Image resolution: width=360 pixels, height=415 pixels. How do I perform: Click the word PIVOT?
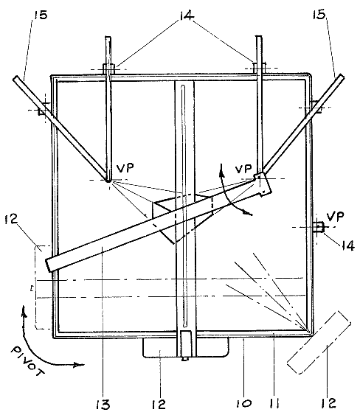coord(27,361)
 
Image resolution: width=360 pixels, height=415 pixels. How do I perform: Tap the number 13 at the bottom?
coord(103,405)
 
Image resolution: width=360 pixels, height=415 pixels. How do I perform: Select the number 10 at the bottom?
coord(243,404)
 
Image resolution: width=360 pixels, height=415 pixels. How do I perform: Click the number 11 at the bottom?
coord(274,404)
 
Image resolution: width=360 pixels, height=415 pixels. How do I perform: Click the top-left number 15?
coord(40,15)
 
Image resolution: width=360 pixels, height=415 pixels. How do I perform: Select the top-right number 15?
coord(319,14)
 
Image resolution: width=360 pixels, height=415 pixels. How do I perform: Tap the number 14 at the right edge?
coord(347,245)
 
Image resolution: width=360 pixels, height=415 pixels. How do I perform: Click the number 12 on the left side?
coord(11,219)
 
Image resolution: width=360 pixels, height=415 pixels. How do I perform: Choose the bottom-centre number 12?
coord(159,405)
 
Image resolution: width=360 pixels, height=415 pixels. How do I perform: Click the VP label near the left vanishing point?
coord(125,168)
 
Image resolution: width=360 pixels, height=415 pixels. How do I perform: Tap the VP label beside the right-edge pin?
coord(336,217)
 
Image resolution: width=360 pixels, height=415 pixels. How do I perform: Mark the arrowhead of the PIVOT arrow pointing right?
coord(79,365)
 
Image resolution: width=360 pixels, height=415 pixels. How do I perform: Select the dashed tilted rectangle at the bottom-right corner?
coord(319,342)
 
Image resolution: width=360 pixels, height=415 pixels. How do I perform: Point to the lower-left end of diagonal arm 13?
coord(48,265)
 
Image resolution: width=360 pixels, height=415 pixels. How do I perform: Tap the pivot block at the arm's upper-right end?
coord(263,184)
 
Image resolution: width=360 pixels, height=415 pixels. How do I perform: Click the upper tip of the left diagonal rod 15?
coord(15,78)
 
